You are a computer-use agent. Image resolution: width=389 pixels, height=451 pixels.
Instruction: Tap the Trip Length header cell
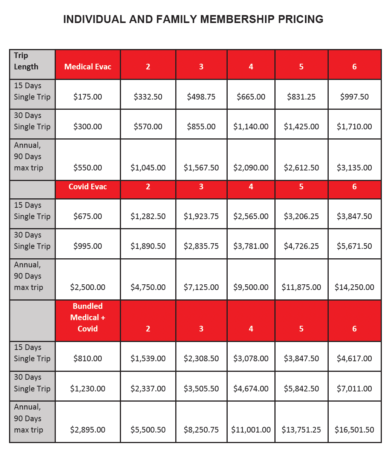click(x=26, y=61)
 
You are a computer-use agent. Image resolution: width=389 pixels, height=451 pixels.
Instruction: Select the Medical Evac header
click(x=88, y=67)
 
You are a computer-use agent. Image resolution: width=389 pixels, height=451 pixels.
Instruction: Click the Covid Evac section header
click(x=88, y=187)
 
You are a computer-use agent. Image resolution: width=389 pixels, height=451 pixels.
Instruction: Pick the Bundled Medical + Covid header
click(x=88, y=318)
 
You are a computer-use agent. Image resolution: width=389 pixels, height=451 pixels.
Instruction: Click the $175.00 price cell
click(x=88, y=97)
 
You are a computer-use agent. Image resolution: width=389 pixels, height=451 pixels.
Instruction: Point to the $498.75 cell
click(x=201, y=97)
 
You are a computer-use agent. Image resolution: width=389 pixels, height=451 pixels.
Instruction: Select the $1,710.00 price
click(x=354, y=127)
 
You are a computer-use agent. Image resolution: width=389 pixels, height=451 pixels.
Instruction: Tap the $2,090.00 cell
click(x=251, y=168)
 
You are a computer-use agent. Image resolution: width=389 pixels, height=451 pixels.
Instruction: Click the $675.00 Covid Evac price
click(x=88, y=216)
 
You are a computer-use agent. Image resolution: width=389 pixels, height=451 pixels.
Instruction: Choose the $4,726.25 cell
click(x=301, y=246)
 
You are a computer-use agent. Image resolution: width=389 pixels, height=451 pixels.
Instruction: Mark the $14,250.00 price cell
click(x=354, y=287)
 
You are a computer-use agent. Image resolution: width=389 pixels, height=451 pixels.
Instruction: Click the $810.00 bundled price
click(x=88, y=359)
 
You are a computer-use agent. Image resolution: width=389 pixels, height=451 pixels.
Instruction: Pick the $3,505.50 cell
click(x=201, y=389)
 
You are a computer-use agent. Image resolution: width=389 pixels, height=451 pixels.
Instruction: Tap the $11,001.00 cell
click(x=251, y=430)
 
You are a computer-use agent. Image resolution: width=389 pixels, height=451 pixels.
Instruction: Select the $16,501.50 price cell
click(x=354, y=430)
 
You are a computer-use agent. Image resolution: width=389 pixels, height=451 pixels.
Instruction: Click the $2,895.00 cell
click(x=88, y=430)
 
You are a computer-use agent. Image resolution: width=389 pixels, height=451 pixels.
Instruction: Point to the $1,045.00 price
click(x=148, y=168)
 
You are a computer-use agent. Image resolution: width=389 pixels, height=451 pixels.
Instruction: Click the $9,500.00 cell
click(x=251, y=287)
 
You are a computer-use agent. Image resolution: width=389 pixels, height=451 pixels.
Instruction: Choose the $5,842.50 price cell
click(x=301, y=389)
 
